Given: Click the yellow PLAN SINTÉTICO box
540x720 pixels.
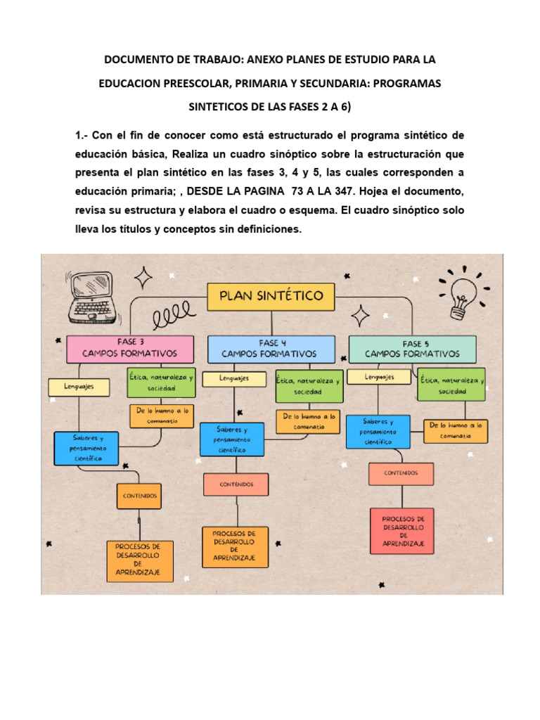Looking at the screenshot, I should pyautogui.click(x=271, y=296).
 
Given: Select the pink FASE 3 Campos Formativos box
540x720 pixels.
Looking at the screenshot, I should pyautogui.click(x=129, y=349).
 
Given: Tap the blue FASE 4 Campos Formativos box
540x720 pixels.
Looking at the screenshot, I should pyautogui.click(x=269, y=349).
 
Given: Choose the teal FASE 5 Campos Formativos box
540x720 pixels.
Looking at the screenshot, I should pyautogui.click(x=412, y=349).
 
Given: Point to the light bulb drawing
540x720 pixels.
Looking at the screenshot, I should pyautogui.click(x=460, y=288).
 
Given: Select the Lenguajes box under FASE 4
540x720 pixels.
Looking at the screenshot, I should pyautogui.click(x=234, y=379).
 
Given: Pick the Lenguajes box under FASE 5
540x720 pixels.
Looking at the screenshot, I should pyautogui.click(x=380, y=378).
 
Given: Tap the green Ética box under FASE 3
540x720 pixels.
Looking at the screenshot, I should pyautogui.click(x=161, y=382).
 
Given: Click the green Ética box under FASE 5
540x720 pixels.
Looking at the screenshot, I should pyautogui.click(x=452, y=384).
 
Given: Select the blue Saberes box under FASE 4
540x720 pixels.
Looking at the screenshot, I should pyautogui.click(x=231, y=439).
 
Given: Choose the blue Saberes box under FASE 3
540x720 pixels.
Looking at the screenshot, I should pyautogui.click(x=86, y=448).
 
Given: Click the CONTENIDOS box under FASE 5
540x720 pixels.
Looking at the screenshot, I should pyautogui.click(x=401, y=474).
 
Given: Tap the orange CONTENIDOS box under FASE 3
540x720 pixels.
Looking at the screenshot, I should pyautogui.click(x=140, y=496).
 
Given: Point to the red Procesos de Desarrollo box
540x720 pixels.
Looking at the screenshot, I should pyautogui.click(x=401, y=531).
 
